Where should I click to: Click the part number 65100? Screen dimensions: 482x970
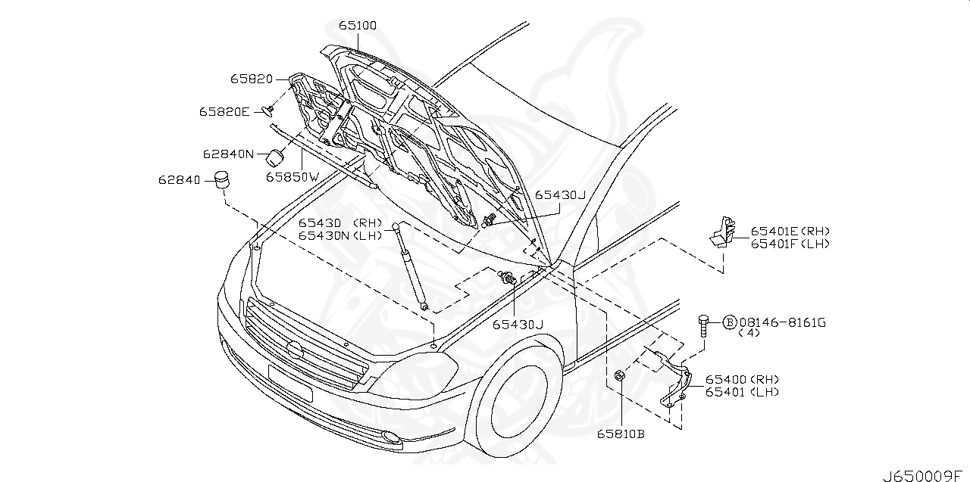358,26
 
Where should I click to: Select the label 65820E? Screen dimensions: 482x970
224,111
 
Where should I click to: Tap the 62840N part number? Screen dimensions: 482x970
227,154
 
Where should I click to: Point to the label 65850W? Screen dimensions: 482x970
293,176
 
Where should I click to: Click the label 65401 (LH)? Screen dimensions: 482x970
742,392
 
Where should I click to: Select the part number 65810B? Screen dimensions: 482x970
620,434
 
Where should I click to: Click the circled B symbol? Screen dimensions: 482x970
730,323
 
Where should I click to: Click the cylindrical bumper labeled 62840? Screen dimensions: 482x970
221,181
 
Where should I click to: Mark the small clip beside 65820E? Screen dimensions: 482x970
268,111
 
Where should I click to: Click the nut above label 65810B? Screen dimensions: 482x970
618,374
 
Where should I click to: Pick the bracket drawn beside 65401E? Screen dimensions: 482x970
723,231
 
